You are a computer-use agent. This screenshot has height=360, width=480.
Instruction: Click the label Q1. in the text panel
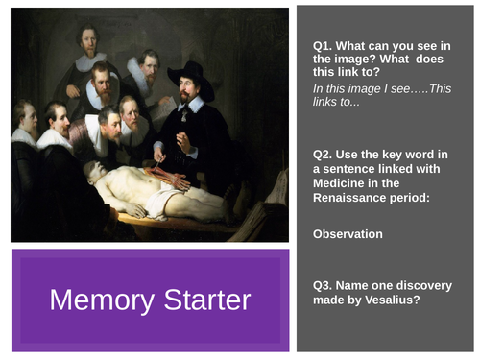(324, 45)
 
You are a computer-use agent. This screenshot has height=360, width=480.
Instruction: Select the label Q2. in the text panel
(324, 154)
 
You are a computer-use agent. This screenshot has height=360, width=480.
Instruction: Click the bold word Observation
(348, 233)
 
